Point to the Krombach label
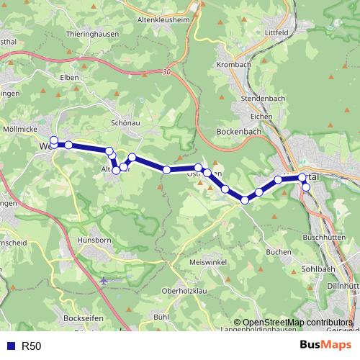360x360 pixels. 233,65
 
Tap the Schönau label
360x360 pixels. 125,123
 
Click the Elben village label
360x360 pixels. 70,77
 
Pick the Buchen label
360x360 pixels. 278,252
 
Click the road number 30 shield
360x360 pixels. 167,72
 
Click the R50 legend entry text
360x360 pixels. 32,346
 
